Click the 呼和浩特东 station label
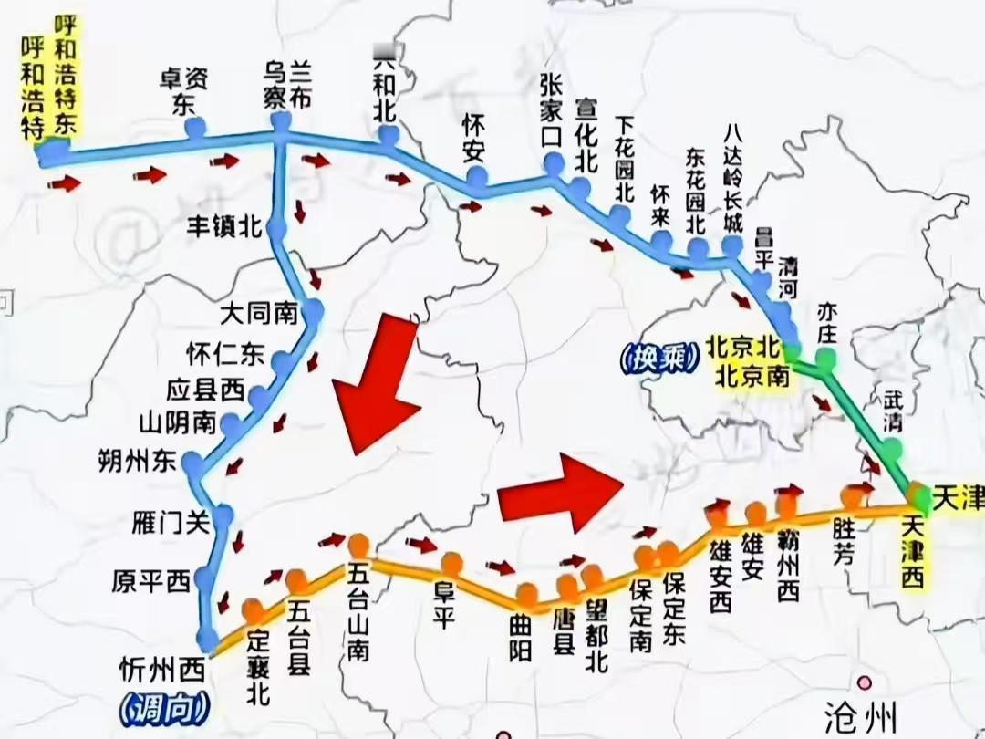tap(67, 73)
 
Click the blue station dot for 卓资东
tap(194, 129)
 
